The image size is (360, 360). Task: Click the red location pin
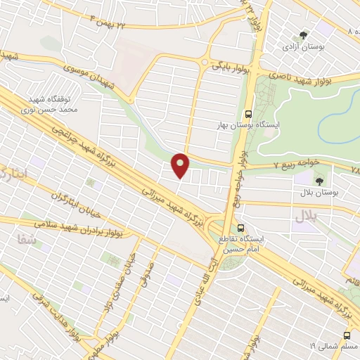(x=181, y=165)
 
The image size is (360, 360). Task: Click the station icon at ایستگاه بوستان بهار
(x=247, y=114)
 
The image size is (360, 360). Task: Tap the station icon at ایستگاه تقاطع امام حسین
(x=241, y=228)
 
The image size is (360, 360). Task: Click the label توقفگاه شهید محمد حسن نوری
(x=53, y=106)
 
